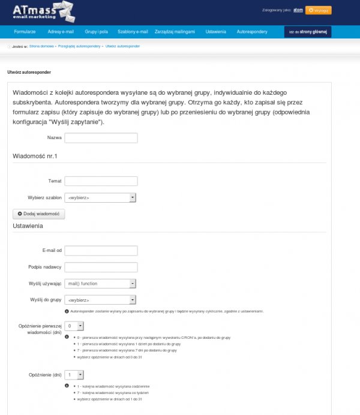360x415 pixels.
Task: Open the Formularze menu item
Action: (25, 31)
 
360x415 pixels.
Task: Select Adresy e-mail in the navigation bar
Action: (61, 31)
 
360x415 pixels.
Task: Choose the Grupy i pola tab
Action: (95, 31)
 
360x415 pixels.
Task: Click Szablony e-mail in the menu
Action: (133, 31)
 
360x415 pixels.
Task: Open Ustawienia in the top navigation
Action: (215, 31)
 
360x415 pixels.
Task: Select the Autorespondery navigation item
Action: (252, 31)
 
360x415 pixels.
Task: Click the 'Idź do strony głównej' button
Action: (307, 31)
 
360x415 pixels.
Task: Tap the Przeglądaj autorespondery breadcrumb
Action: (80, 46)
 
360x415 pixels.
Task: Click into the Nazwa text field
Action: (101, 138)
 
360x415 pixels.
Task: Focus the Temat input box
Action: (101, 181)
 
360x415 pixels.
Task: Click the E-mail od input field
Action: (101, 251)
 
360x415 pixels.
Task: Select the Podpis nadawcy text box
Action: (101, 267)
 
